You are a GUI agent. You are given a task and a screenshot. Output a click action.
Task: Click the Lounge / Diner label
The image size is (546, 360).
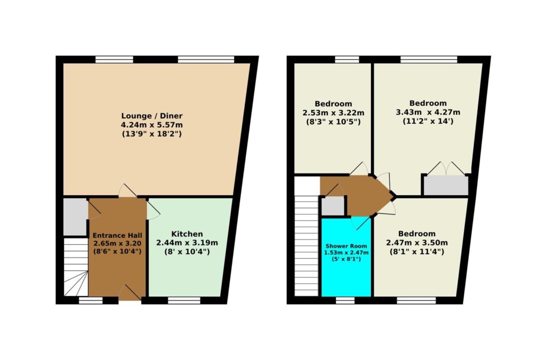point(152,116)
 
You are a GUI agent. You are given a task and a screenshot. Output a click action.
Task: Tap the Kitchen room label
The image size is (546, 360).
point(187,234)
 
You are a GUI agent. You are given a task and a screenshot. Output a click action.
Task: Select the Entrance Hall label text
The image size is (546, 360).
point(117,235)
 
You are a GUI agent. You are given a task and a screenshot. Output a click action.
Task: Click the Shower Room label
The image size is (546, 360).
point(346,246)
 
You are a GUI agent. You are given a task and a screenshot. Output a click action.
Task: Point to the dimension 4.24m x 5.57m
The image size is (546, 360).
point(152,125)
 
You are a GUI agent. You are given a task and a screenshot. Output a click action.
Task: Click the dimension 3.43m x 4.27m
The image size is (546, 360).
point(428,112)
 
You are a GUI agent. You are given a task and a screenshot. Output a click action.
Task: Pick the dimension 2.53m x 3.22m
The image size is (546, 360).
point(333,113)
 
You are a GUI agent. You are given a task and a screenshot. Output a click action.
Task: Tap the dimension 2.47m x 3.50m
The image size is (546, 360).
point(417,243)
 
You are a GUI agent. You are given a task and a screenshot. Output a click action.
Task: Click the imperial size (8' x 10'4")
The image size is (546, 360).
point(187,251)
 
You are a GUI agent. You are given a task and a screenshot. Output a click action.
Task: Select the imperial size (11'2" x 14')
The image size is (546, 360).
point(428,122)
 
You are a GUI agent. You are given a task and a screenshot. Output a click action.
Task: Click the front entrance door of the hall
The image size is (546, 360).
point(130,293)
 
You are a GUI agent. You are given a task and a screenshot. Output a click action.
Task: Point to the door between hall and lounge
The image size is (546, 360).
point(127,191)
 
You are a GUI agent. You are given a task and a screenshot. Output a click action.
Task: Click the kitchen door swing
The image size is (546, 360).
point(153,211)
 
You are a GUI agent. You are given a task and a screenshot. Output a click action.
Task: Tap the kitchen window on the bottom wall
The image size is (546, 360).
point(184,300)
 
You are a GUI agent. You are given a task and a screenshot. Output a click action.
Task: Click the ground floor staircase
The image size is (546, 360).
point(76,267)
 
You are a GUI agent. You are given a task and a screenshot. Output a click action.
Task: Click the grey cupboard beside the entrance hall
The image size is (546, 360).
point(75,217)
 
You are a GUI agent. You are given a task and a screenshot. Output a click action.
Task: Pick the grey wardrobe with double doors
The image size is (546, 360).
point(446,185)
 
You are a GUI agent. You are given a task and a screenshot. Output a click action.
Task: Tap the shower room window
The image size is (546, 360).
point(345,300)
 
